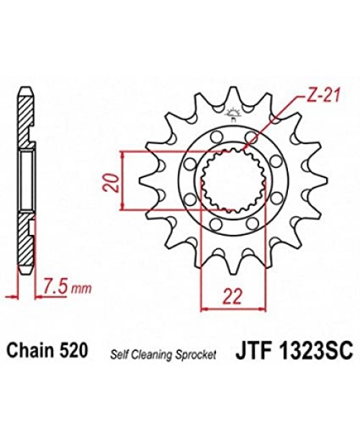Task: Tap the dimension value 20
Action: [x=109, y=183]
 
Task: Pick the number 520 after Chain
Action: [x=74, y=350]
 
